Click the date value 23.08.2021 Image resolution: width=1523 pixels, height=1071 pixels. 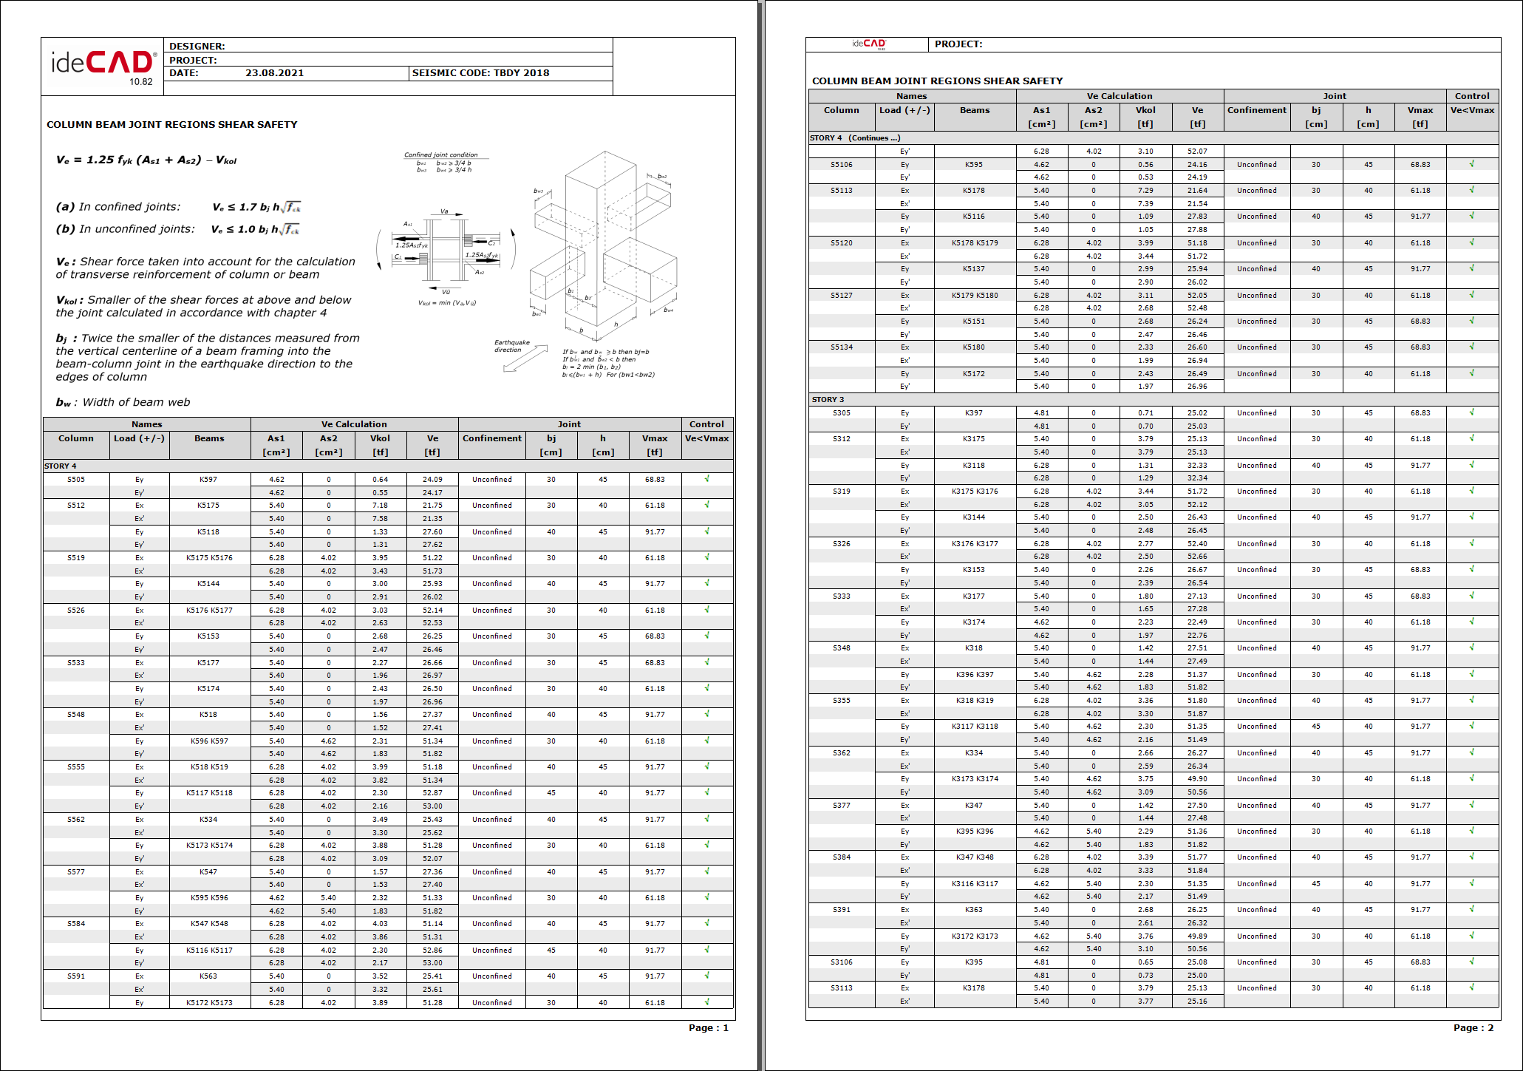[274, 73]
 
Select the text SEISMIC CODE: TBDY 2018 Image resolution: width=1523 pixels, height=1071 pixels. [480, 73]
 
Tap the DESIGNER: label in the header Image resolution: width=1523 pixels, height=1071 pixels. [197, 46]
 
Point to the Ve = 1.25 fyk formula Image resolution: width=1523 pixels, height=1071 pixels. [146, 160]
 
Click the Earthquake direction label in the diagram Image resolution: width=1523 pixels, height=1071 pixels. [512, 346]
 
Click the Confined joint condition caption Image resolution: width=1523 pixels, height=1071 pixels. [440, 154]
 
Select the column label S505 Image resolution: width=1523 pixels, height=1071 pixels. [76, 479]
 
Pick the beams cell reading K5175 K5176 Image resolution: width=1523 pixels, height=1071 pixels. [209, 558]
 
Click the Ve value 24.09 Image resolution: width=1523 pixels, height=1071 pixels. [432, 479]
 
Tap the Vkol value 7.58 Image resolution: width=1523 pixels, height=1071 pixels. [380, 519]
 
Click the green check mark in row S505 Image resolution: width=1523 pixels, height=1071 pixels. [707, 479]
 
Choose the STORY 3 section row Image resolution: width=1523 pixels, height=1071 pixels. [828, 400]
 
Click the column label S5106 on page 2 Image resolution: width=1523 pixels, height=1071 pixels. [841, 165]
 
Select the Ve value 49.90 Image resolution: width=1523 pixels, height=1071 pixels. [1197, 779]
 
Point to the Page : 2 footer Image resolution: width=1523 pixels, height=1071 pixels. [1473, 1027]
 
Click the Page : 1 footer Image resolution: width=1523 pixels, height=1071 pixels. [708, 1027]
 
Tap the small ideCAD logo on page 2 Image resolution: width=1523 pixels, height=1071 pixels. [868, 44]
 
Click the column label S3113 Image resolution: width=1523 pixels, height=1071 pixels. [841, 988]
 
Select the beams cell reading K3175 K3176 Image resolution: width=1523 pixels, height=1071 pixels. [974, 492]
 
